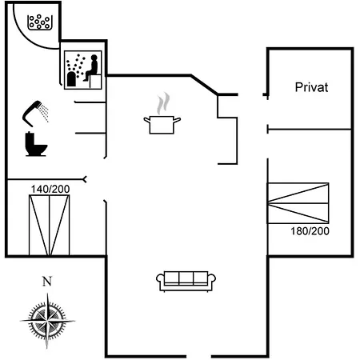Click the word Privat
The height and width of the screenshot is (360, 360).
[x=311, y=87]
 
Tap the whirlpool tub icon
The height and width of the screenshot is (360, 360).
[x=39, y=22]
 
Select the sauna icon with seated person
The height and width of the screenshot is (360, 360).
[x=83, y=70]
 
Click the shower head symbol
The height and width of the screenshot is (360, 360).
[x=35, y=114]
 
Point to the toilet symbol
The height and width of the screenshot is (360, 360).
[x=36, y=144]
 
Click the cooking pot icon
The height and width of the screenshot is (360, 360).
[x=162, y=125]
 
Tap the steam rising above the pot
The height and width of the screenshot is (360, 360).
[x=163, y=103]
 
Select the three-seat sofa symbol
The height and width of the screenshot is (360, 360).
[x=186, y=282]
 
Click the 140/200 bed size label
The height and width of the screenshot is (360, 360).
[x=50, y=189]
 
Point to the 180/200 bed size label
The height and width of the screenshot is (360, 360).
[x=310, y=231]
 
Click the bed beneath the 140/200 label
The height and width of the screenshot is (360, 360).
[x=50, y=225]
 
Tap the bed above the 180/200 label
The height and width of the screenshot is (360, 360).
[x=298, y=203]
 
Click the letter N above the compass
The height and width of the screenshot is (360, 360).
[x=47, y=282]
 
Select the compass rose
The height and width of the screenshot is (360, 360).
[x=47, y=321]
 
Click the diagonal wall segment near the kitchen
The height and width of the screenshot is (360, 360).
[x=205, y=85]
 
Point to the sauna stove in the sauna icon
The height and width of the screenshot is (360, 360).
[x=71, y=79]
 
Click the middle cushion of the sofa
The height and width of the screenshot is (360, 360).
[x=186, y=278]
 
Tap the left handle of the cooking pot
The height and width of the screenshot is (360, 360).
[x=147, y=120]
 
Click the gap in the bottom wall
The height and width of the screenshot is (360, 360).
[x=198, y=356]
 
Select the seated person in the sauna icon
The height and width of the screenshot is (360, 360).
[x=91, y=67]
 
